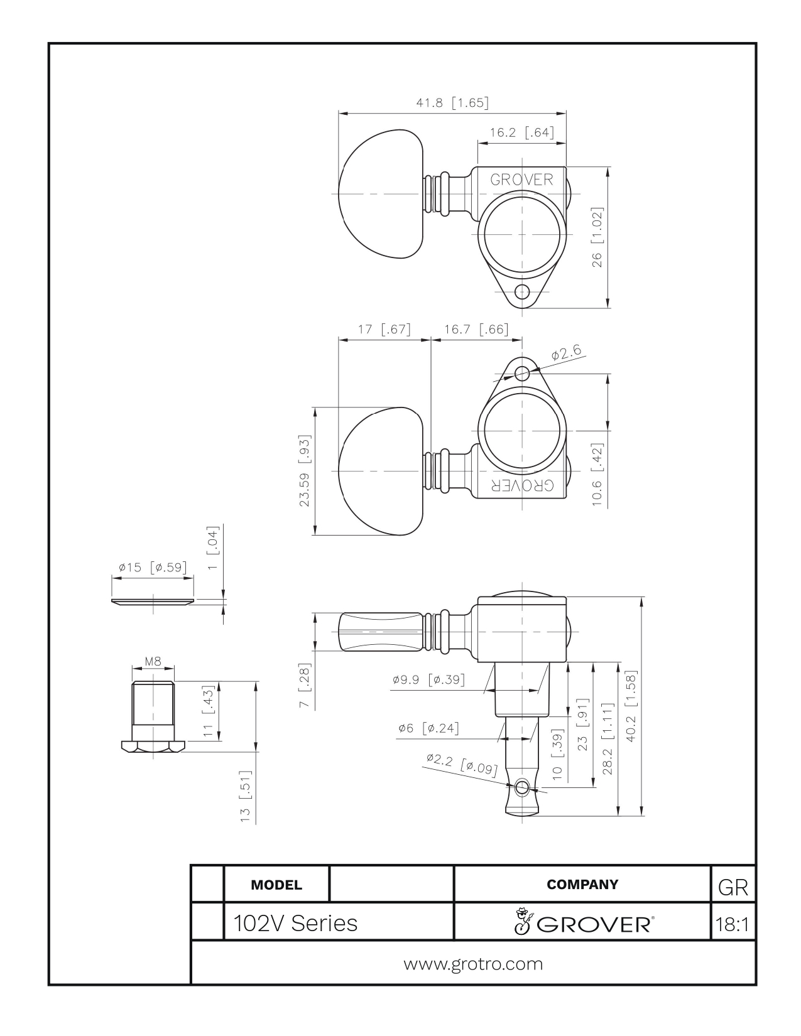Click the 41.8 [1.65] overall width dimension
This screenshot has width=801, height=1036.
point(452,103)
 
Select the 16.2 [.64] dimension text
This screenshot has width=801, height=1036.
point(522,132)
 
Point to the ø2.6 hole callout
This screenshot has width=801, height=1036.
point(566,352)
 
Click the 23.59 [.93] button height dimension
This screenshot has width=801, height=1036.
point(304,470)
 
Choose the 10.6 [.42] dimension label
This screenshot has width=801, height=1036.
point(597,475)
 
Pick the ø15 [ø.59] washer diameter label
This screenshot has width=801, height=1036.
point(153,568)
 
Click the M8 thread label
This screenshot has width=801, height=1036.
point(153,661)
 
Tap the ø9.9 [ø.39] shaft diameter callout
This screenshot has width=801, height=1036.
point(428,679)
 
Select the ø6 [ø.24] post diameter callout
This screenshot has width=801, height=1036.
point(428,728)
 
